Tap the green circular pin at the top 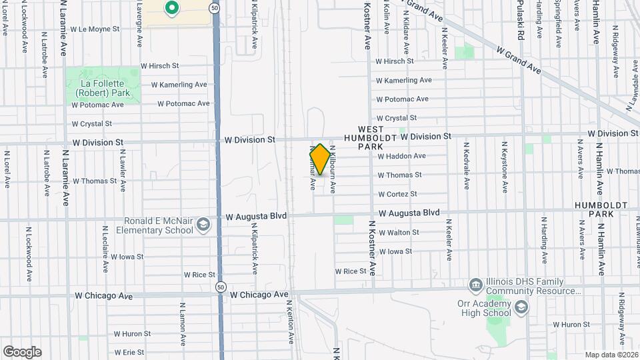tap(171, 9)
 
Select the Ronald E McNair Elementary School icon tap(203, 226)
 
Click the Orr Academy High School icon tap(521, 307)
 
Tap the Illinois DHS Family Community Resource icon tap(475, 285)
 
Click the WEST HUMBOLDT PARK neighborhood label tap(371, 137)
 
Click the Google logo tap(22, 352)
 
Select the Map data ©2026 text tap(611, 355)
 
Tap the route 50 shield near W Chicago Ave tap(220, 286)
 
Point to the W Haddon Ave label tap(401, 156)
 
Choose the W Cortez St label tap(397, 194)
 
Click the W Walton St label tap(399, 233)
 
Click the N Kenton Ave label tap(291, 320)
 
